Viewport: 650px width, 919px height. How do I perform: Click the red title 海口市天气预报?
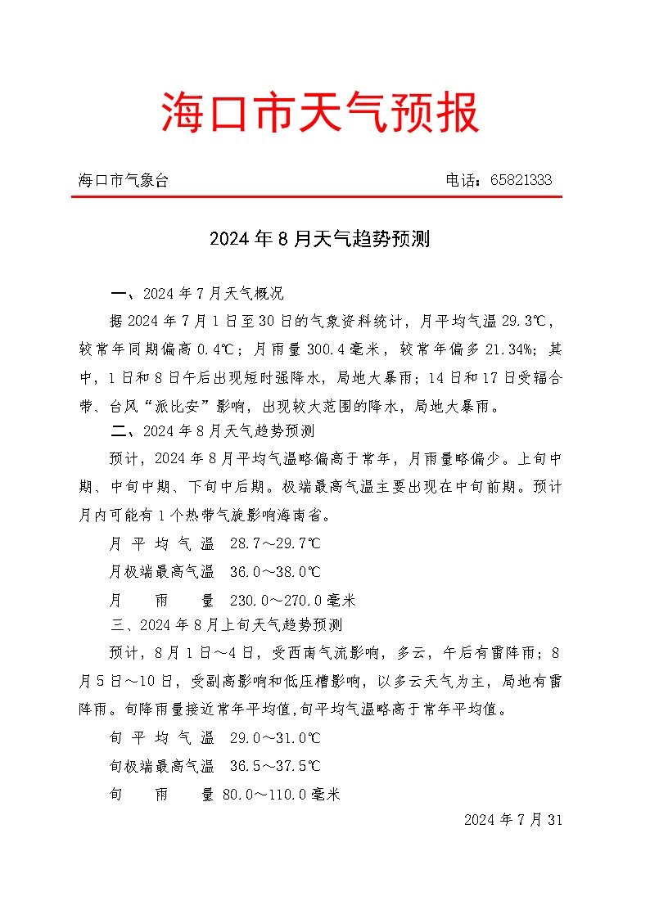click(x=320, y=113)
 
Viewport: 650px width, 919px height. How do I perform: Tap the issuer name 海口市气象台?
click(x=124, y=181)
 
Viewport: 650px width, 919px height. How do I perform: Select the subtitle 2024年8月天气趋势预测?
click(x=320, y=240)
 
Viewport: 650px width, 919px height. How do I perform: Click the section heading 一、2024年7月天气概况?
click(x=197, y=294)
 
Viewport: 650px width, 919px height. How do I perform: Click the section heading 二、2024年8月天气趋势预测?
click(x=213, y=430)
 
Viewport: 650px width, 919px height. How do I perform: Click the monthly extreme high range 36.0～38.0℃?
click(x=275, y=572)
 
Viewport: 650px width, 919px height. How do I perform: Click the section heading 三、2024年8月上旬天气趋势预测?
click(x=227, y=626)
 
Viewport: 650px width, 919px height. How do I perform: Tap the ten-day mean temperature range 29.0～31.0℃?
click(x=275, y=738)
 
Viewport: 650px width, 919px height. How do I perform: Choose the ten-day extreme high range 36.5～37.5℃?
click(x=275, y=767)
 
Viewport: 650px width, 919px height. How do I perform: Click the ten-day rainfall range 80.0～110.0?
click(x=264, y=794)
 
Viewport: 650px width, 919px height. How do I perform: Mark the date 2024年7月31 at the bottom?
click(x=513, y=819)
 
